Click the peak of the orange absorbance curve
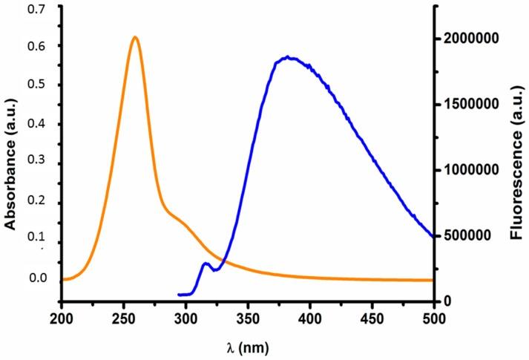pos(134,37)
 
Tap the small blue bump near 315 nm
pos(206,264)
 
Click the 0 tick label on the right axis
pos(448,301)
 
